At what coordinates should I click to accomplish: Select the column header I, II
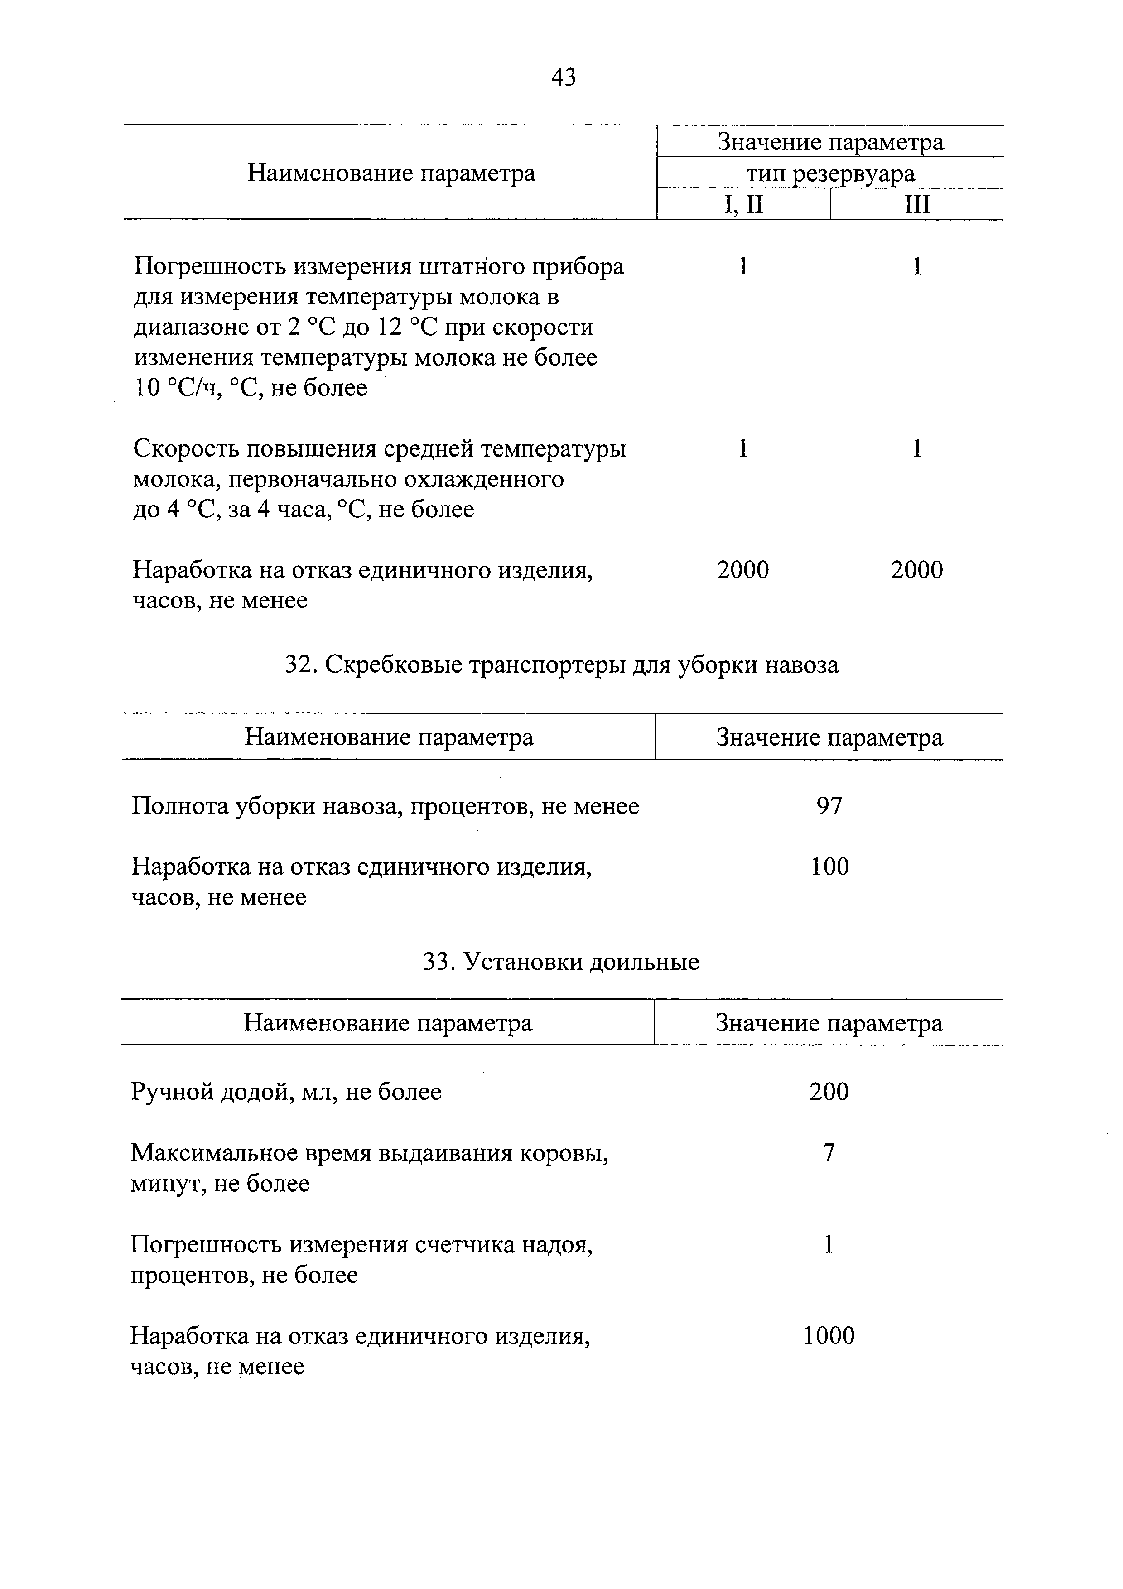tap(743, 205)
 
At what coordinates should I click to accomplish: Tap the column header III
tap(917, 205)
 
